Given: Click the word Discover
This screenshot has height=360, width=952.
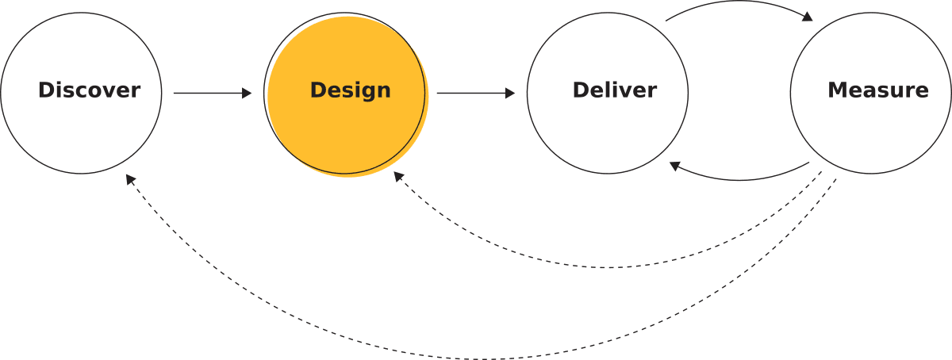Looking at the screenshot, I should click(x=89, y=90).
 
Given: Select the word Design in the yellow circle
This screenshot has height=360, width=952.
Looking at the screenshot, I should click(x=350, y=90).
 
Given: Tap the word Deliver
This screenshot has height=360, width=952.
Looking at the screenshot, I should click(x=614, y=90).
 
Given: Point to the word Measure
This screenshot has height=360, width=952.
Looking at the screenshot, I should click(x=877, y=90).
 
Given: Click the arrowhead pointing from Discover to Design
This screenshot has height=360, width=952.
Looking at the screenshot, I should click(x=247, y=94).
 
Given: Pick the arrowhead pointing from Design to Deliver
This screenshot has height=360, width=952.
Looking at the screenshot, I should click(x=510, y=94).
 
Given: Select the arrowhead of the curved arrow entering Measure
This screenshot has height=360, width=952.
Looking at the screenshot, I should click(x=808, y=17).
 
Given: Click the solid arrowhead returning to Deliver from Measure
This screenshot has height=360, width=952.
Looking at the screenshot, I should click(x=674, y=166).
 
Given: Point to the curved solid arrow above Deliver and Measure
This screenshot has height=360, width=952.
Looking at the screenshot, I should click(x=734, y=4).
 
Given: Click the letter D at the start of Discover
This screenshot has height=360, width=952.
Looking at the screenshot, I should click(x=45, y=90).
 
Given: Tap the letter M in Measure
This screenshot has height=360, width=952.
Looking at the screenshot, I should click(x=838, y=90).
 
